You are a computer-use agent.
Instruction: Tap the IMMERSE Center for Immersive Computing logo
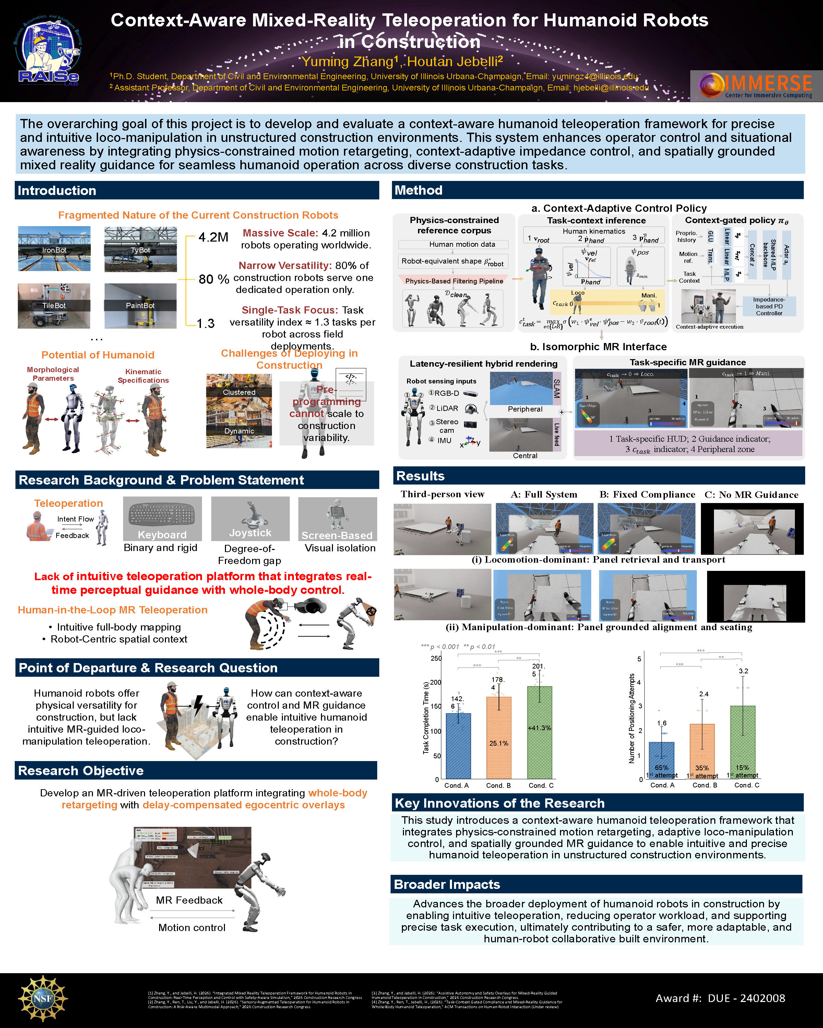point(756,86)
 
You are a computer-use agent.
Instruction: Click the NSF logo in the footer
point(43,998)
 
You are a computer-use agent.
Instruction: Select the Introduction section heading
point(57,191)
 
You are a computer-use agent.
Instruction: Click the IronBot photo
point(54,248)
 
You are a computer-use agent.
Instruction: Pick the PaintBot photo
point(140,306)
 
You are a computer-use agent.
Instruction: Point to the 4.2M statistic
point(213,237)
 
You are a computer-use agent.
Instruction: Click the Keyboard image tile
point(162,518)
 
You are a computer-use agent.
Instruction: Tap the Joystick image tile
point(250,518)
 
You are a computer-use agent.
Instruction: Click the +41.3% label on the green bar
point(539,727)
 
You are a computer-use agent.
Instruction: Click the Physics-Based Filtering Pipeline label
point(454,281)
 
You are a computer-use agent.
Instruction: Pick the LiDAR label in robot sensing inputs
point(447,408)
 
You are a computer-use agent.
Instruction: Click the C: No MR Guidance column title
point(751,494)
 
